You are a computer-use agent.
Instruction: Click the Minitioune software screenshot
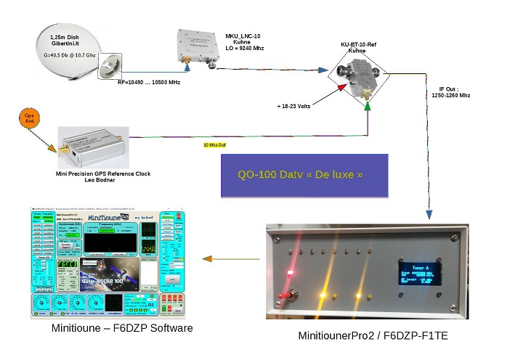click(x=108, y=261)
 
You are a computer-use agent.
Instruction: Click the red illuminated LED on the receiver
click(x=291, y=273)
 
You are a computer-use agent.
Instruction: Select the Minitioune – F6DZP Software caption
click(x=122, y=329)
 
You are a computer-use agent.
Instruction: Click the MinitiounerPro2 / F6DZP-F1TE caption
click(x=373, y=335)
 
